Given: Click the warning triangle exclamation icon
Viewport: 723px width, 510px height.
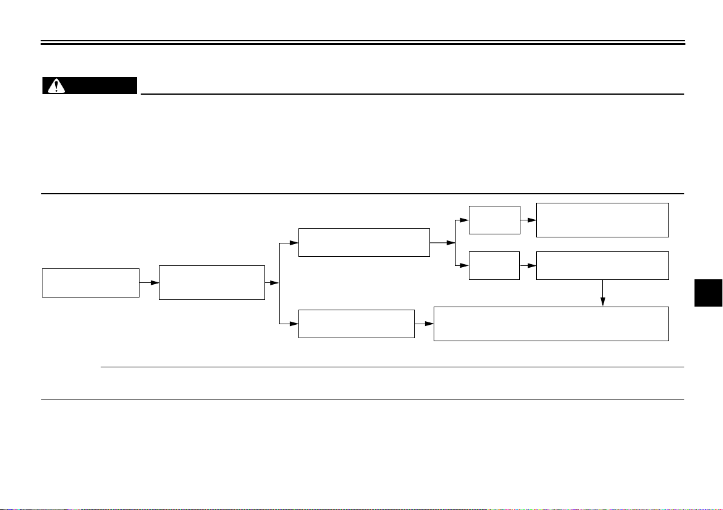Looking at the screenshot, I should point(56,86).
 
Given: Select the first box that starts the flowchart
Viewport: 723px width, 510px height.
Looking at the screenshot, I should point(90,282).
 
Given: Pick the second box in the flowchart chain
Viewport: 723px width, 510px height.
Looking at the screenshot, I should point(212,282).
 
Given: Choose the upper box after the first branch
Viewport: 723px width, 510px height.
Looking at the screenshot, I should point(364,242).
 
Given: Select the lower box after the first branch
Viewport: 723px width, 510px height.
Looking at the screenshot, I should point(357,324).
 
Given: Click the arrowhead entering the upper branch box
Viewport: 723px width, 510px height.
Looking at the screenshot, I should point(294,243).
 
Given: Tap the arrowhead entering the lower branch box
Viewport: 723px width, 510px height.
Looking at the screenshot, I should point(294,324).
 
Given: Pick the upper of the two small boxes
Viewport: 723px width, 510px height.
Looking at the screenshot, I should point(494,220).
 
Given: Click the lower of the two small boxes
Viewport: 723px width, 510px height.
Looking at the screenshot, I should point(494,265).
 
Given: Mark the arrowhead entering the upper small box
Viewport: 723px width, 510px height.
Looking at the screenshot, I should point(465,220).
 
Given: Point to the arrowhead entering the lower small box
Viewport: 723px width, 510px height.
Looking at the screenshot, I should point(465,265).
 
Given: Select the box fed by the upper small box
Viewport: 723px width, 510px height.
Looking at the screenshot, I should point(603,220).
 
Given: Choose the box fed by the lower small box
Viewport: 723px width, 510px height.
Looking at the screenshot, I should point(603,265).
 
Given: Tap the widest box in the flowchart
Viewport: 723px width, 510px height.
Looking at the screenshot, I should point(551,324).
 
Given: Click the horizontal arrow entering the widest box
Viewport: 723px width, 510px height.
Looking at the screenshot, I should point(425,324).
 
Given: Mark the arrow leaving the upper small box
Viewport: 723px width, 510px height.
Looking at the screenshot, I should point(528,220).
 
